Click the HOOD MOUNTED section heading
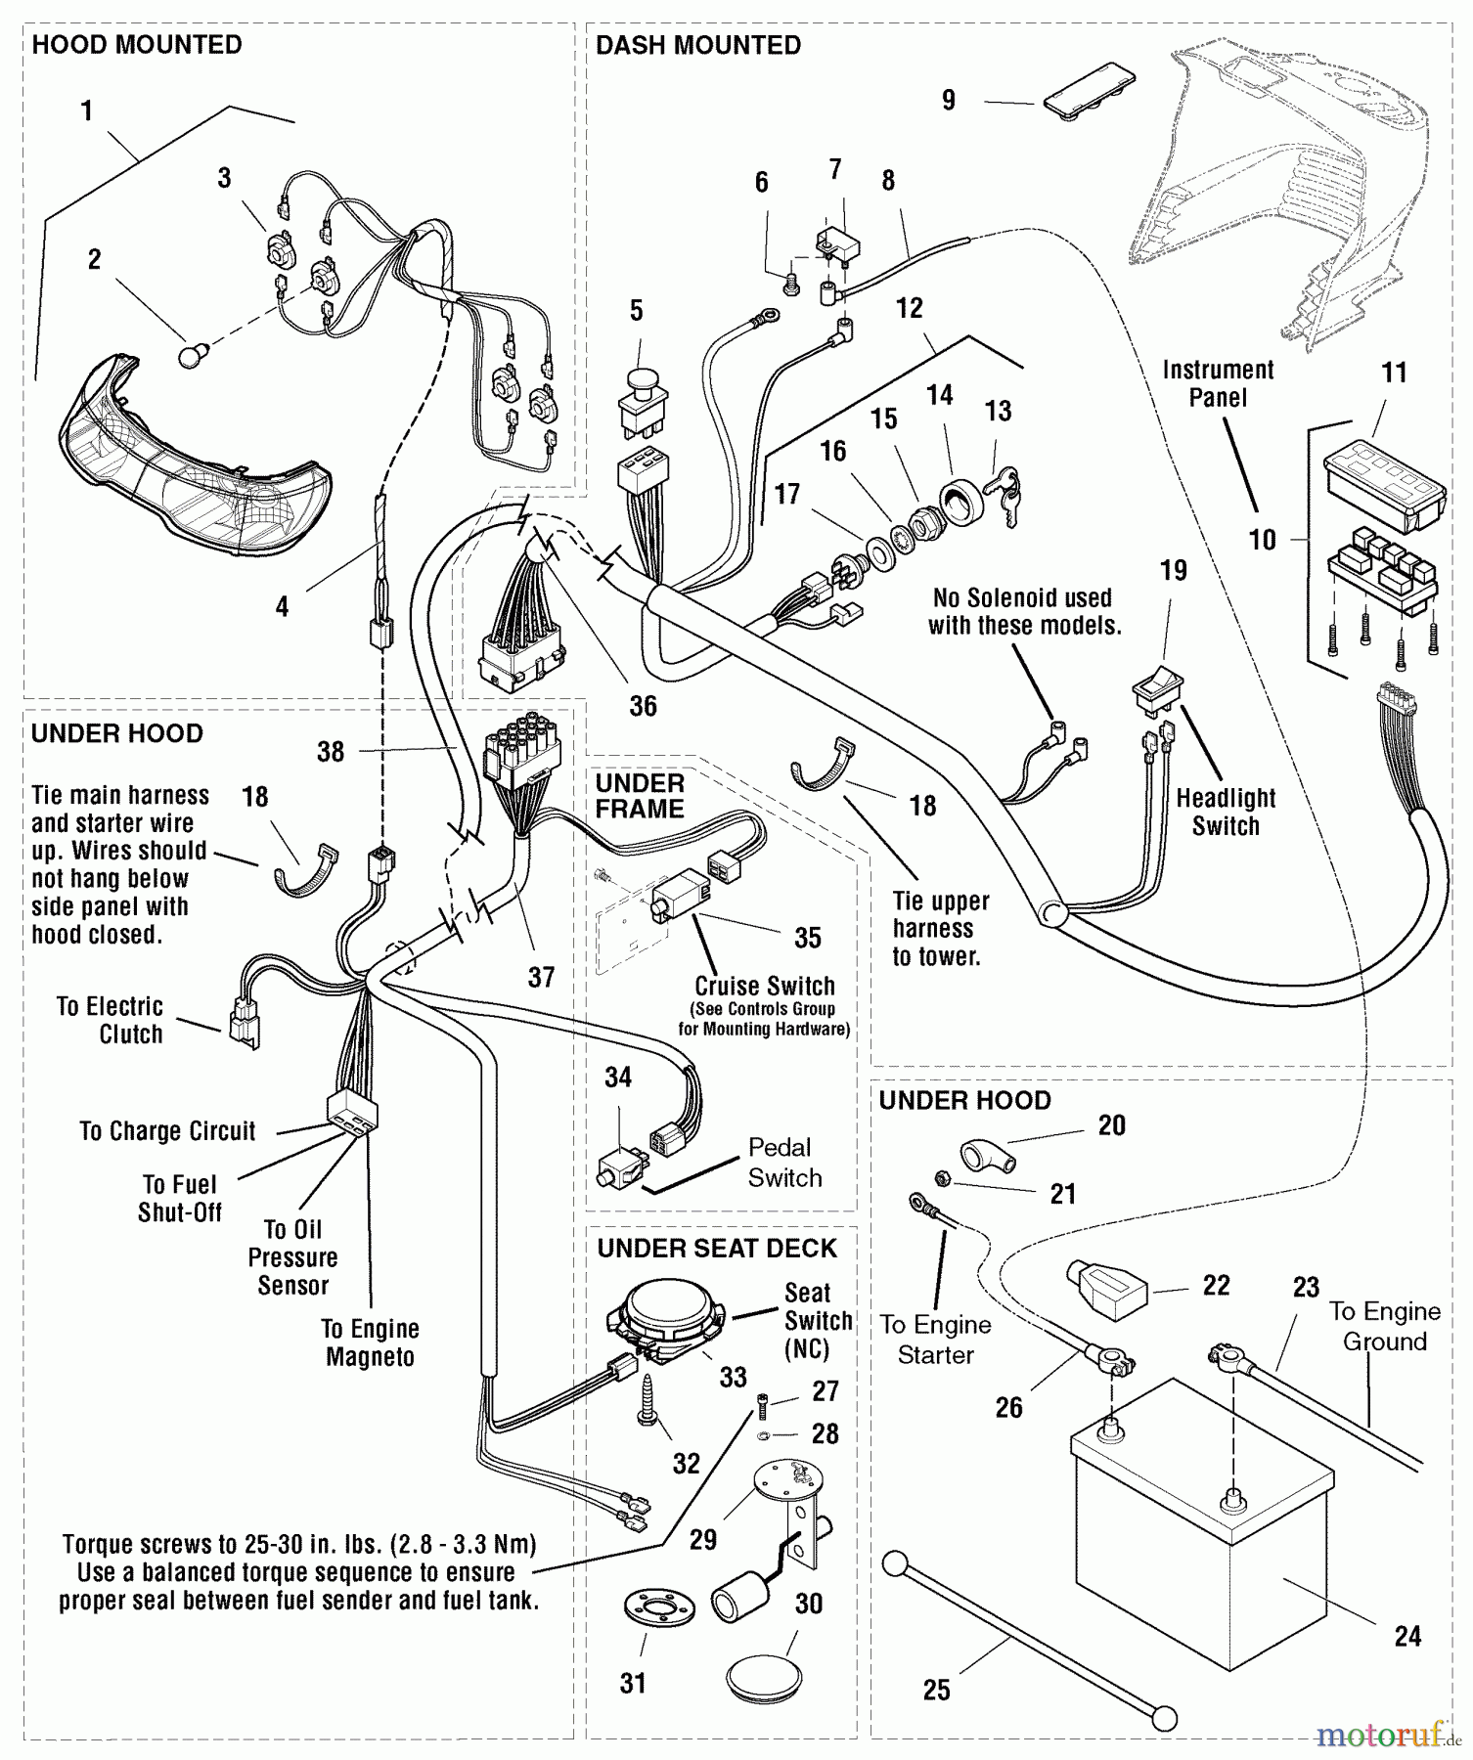coord(137,45)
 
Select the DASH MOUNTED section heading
coord(697,45)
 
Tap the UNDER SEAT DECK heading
coord(717,1249)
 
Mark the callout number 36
coord(643,706)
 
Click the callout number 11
coord(1394,373)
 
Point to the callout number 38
coord(331,751)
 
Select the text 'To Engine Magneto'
coord(370,1342)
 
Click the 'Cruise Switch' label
coord(764,986)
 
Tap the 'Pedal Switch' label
coord(783,1163)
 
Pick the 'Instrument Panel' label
coord(1218,384)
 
